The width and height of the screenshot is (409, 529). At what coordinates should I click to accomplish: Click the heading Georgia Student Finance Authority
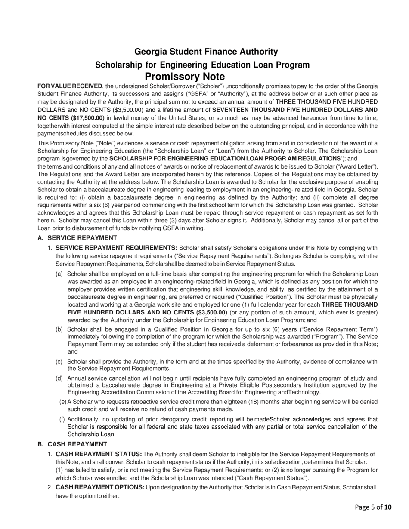[206, 52]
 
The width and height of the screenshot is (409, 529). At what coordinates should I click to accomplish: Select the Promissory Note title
[184, 77]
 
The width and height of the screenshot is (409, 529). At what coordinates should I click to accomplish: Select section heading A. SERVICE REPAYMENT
[77, 238]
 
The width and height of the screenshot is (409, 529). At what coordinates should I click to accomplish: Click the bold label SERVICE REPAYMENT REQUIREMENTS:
[116, 248]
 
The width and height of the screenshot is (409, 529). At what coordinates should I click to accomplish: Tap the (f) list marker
[62, 419]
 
